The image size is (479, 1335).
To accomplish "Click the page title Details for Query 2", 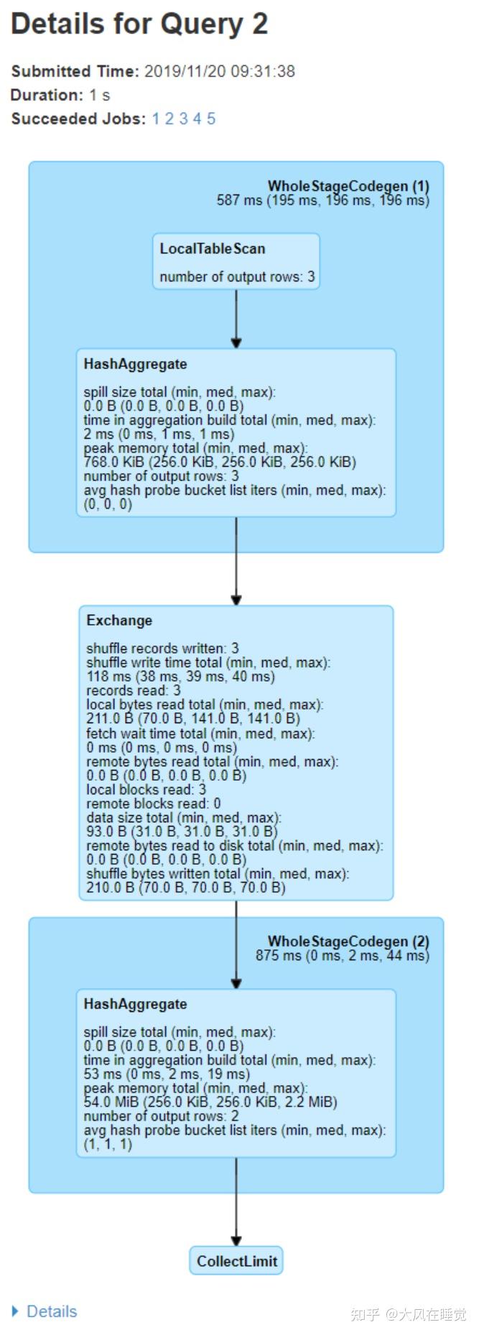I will coord(139,24).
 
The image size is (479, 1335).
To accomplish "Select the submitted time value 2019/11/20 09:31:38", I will coord(219,71).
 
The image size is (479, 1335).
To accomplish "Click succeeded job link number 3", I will coord(183,118).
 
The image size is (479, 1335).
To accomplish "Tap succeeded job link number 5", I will coord(211,118).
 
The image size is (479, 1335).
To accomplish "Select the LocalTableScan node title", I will coord(212,248).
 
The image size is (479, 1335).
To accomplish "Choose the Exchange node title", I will coord(119,620).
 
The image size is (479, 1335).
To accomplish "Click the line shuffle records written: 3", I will coord(162,648).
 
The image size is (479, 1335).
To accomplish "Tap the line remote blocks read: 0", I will coord(153,804).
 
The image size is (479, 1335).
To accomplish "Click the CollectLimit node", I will coord(236,1261).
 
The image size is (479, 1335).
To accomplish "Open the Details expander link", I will coord(52,1311).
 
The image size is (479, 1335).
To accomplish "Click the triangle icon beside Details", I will coord(16,1311).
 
